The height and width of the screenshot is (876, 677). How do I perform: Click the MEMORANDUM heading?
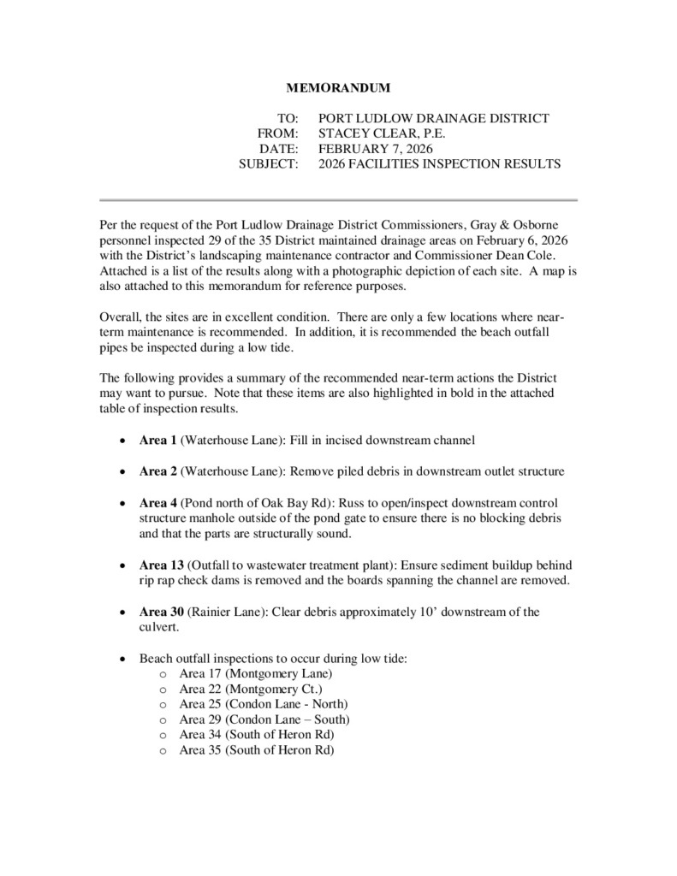(x=337, y=87)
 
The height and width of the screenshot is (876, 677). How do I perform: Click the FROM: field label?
(x=278, y=133)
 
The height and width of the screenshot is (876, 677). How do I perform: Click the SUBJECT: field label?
(x=269, y=164)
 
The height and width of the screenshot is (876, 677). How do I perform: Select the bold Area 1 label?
(x=157, y=441)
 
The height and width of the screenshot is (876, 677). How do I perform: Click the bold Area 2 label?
(x=157, y=471)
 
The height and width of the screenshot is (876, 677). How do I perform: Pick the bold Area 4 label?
(x=157, y=503)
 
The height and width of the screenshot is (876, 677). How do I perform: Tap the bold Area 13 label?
(x=161, y=565)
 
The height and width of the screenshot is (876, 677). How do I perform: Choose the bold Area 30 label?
(x=161, y=612)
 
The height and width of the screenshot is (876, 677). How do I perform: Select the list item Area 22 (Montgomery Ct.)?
(x=251, y=689)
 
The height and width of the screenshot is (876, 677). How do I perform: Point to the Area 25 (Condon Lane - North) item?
(x=264, y=704)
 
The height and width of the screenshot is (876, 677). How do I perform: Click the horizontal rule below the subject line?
(x=339, y=199)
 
